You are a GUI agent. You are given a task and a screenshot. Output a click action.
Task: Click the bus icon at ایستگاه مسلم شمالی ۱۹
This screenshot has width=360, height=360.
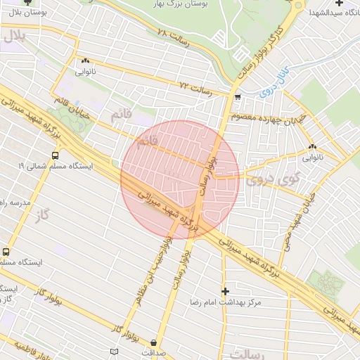coord(55,155)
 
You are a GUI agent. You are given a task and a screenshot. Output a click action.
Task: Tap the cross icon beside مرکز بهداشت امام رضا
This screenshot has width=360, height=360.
coord(225,291)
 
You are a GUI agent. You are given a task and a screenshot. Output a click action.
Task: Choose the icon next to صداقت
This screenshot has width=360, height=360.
coord(154,343)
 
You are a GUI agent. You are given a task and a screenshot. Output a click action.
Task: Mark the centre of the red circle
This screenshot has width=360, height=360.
coord(180,180)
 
